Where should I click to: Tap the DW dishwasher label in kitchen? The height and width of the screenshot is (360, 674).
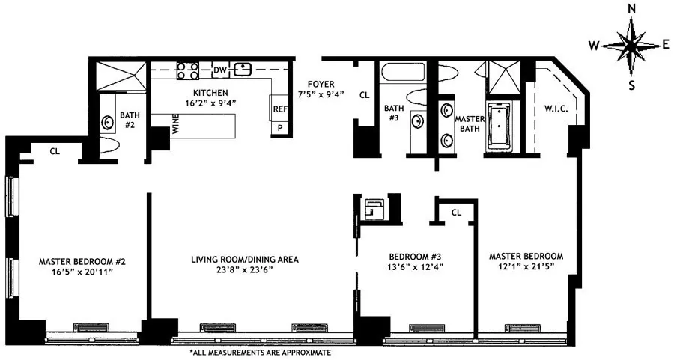pos(220,70)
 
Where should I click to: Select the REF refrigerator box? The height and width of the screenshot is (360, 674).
pos(279,109)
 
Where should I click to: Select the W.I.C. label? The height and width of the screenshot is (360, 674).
pos(555,109)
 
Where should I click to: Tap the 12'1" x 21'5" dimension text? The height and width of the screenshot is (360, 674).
pos(525,268)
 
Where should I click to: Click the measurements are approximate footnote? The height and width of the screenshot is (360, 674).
pos(260,352)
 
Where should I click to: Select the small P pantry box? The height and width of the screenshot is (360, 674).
pos(279,128)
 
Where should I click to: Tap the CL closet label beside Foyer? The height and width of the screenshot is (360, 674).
pos(365,95)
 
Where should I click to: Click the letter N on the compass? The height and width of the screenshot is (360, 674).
pos(631,9)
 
